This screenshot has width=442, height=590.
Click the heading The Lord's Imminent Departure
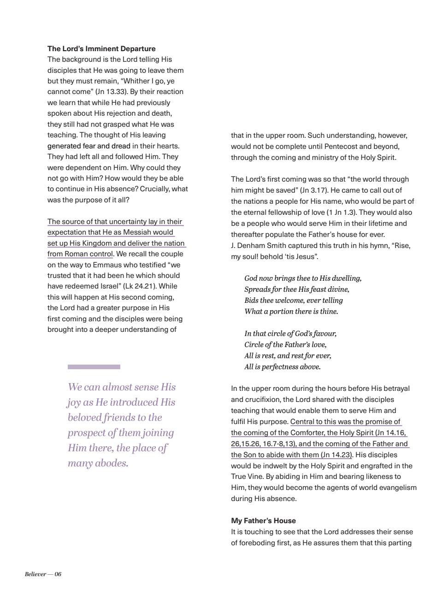click(101, 48)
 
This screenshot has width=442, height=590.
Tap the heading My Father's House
click(263, 520)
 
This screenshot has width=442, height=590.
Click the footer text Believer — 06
click(43, 574)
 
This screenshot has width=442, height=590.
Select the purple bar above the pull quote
click(94, 367)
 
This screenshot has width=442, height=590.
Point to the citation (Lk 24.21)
click(143, 286)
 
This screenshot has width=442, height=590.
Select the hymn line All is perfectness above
click(282, 367)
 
